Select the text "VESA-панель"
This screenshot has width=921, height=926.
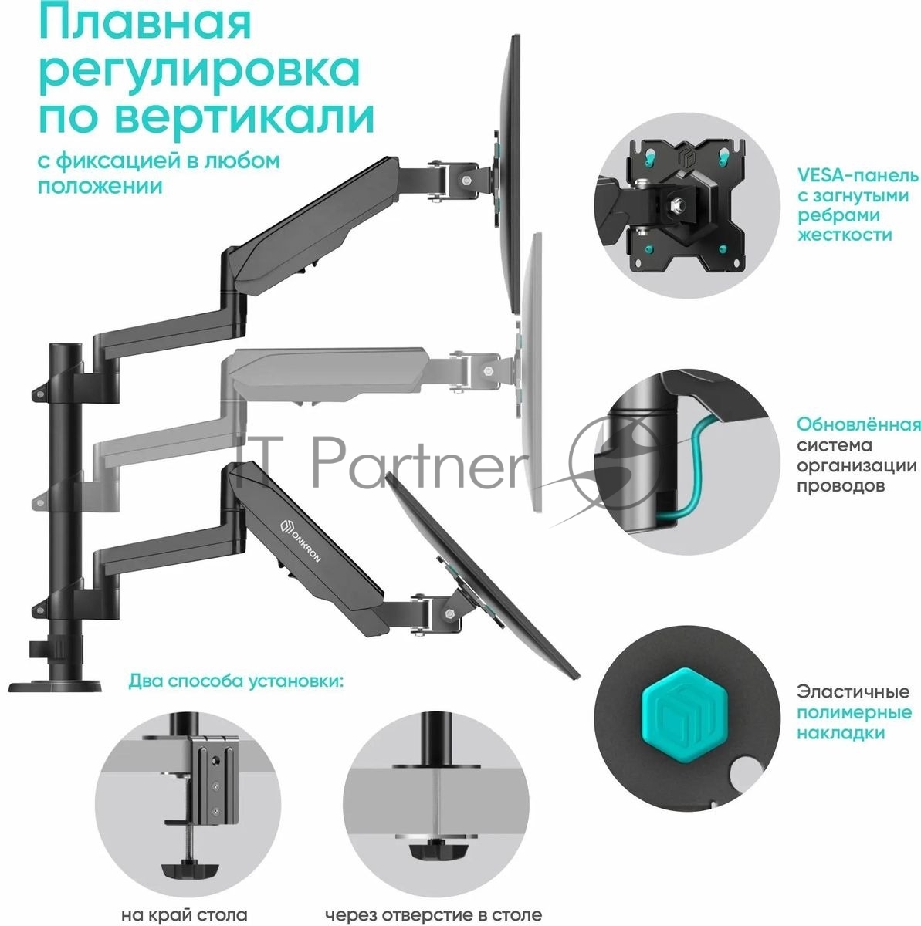click(858, 175)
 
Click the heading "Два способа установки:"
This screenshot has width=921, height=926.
click(236, 681)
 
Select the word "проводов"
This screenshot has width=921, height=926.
click(841, 485)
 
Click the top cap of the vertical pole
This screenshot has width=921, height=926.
click(66, 347)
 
